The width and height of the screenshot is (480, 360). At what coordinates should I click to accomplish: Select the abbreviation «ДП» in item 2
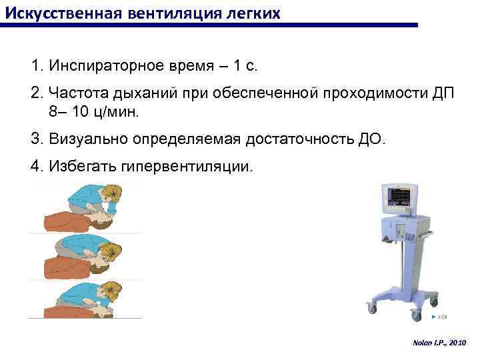pyautogui.click(x=442, y=93)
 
